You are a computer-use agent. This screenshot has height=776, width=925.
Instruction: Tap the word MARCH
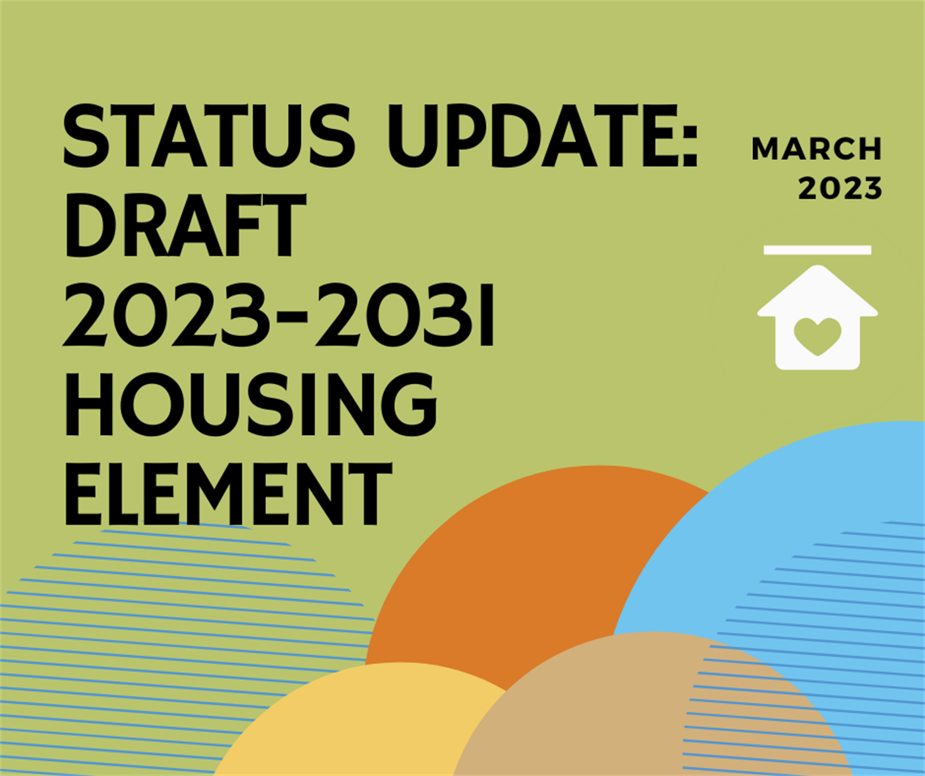point(816,149)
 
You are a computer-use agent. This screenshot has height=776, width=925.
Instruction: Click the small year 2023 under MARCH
point(840,188)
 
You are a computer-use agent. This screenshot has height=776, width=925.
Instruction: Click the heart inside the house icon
point(817,335)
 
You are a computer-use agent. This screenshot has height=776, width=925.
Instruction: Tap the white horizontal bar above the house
point(817,250)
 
